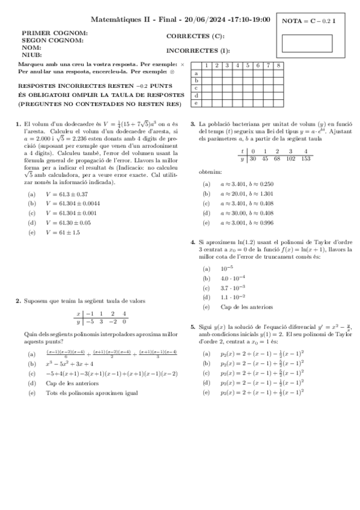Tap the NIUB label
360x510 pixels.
(x=31, y=55)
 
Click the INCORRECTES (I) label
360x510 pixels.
(x=198, y=51)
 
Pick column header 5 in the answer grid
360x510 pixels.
(x=248, y=65)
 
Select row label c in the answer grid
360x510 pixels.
(x=196, y=88)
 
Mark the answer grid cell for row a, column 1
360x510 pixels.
(x=206, y=73)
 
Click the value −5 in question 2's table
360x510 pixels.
(x=89, y=322)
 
